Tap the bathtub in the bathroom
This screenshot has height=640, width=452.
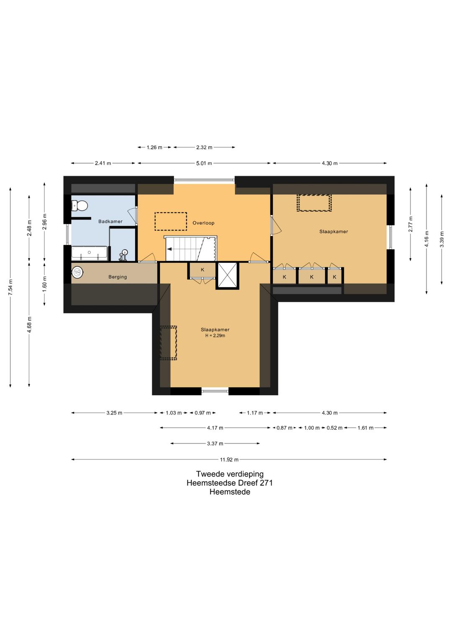[90, 253]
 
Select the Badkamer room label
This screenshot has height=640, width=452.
[110, 221]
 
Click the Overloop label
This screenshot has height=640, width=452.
[203, 223]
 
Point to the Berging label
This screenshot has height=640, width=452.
[118, 277]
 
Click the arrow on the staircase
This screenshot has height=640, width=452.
[169, 249]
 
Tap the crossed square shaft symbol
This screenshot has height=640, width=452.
[227, 275]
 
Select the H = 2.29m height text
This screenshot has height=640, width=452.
[215, 336]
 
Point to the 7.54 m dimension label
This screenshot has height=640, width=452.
[10, 287]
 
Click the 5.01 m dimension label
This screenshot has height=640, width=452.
[204, 163]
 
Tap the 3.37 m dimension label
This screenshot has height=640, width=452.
[215, 444]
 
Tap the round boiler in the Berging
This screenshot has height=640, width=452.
[77, 272]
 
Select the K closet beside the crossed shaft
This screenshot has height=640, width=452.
[203, 270]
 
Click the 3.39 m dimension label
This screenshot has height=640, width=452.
[442, 240]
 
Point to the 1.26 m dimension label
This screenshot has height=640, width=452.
[154, 148]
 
